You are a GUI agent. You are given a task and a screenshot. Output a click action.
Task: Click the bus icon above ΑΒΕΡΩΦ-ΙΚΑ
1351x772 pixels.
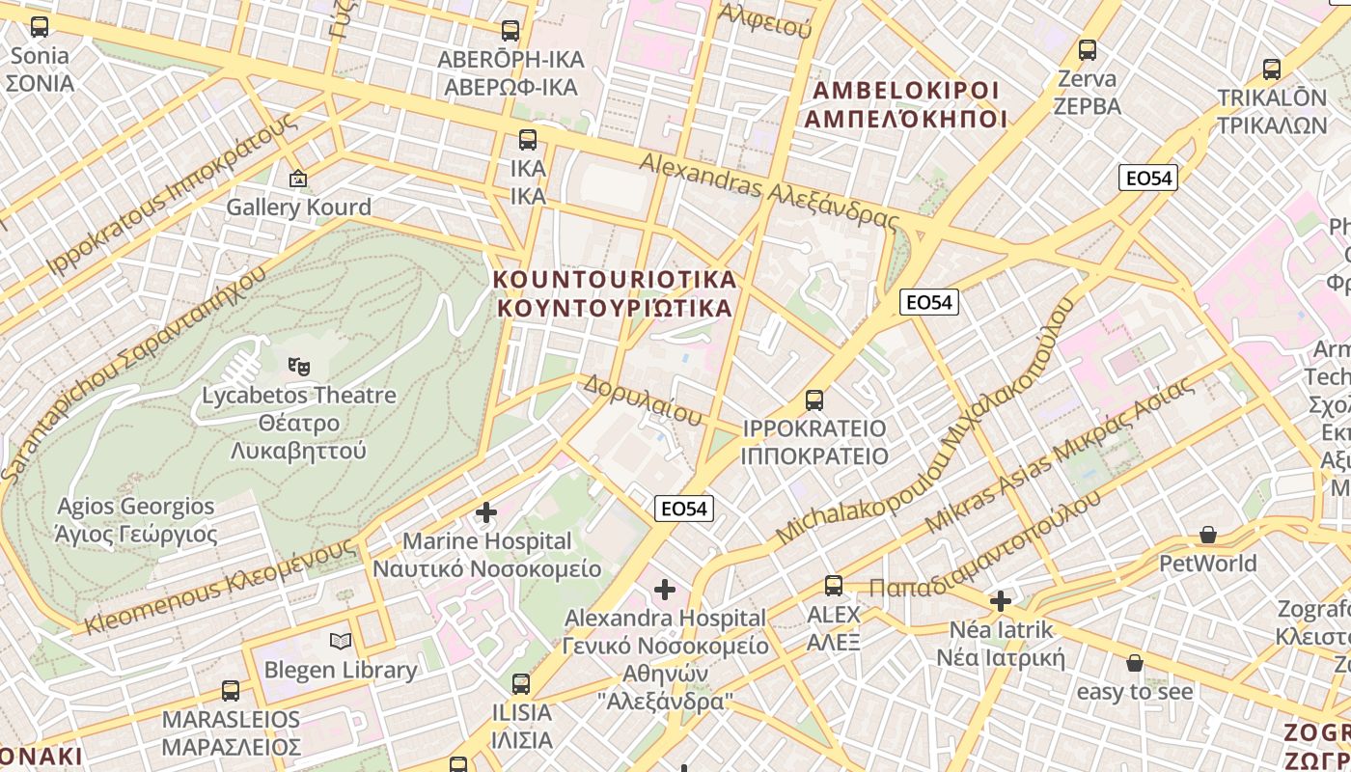coord(510,31)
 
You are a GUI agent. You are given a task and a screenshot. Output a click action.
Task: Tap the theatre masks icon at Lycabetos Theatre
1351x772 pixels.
coord(299,366)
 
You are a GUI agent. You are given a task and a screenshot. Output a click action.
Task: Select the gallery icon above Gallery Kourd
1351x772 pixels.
coord(298,179)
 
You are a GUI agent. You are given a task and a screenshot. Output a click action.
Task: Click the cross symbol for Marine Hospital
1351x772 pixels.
coord(486,511)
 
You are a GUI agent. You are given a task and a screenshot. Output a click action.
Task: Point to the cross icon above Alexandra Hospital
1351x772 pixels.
coord(665,589)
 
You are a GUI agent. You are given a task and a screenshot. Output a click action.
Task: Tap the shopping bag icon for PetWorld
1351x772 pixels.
coord(1207,535)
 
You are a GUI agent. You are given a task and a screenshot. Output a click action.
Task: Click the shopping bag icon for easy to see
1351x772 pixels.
coord(1135,663)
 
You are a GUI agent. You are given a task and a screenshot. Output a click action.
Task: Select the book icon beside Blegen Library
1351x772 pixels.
coord(340,641)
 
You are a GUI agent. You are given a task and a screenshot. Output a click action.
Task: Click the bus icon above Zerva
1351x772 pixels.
coord(1088,49)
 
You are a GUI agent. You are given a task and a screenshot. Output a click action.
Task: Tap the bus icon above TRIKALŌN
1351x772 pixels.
coord(1272,69)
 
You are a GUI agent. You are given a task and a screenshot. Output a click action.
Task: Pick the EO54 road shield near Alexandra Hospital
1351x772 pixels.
coord(684,509)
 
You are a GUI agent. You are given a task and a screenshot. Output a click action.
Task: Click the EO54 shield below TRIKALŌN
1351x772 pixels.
coord(1148,178)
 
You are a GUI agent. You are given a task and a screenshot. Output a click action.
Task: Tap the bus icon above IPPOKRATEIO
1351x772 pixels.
coord(814,400)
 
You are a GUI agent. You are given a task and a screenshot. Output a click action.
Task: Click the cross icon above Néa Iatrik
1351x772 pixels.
coord(1001,601)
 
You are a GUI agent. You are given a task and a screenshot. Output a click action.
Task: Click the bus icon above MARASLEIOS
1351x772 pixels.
coord(231,691)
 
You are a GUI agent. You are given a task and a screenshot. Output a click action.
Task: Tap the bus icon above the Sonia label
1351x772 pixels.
coord(40,27)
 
